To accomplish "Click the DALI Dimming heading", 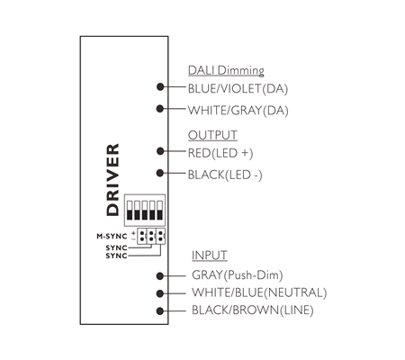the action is [226, 71].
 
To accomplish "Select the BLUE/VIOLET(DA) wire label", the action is [238, 89].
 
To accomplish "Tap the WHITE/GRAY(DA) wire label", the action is [238, 111].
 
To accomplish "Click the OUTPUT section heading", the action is [212, 135].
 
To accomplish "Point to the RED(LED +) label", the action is [220, 153].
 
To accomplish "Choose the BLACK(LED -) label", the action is [225, 175].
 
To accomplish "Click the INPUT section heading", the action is [210, 256].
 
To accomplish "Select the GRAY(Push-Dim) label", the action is [237, 275].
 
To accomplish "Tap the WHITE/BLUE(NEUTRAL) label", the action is [259, 292].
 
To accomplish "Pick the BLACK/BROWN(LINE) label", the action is [253, 310].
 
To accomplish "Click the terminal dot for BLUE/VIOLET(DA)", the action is [160, 87].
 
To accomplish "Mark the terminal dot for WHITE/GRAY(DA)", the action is [160, 109].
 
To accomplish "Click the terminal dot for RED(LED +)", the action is [160, 151].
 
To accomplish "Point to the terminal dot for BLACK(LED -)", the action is [160, 173].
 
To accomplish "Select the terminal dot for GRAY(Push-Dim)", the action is [160, 276].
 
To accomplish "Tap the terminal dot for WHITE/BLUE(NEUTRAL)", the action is [160, 293].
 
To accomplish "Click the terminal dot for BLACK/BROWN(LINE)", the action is [160, 311].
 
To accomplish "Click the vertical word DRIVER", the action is [113, 180].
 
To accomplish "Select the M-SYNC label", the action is [112, 237].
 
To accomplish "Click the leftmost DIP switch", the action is [130, 211].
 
